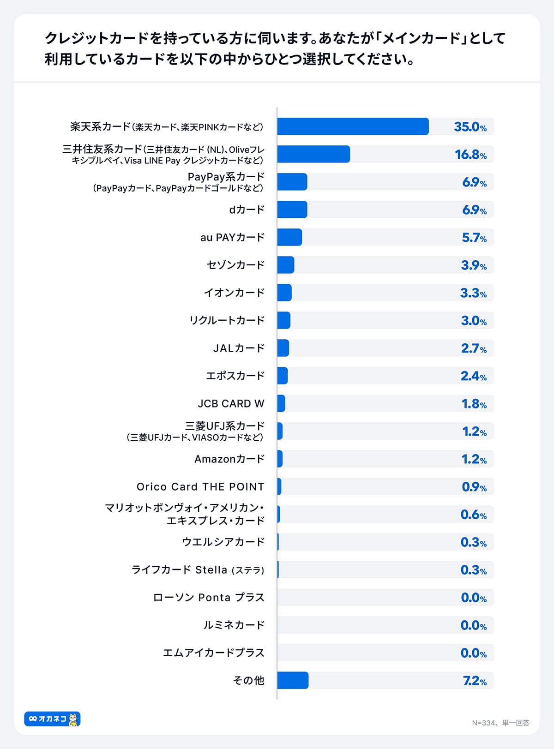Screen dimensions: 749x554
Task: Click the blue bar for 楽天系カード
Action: pyautogui.click(x=353, y=126)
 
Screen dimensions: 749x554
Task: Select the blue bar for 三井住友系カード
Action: pyautogui.click(x=313, y=154)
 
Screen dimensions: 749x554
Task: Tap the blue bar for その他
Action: pyautogui.click(x=293, y=680)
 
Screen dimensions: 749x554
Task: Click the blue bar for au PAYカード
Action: pyautogui.click(x=289, y=237)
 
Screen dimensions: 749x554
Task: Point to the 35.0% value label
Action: pyautogui.click(x=470, y=127)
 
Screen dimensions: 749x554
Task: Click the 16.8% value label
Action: pyautogui.click(x=470, y=155)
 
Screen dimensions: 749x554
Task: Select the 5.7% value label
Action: pyautogui.click(x=474, y=238)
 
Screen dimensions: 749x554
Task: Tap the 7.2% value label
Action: pyautogui.click(x=475, y=681)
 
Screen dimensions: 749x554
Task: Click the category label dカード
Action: pyautogui.click(x=247, y=210)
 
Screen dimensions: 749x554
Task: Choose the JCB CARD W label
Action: pyautogui.click(x=231, y=404)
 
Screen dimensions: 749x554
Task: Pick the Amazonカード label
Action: pyautogui.click(x=229, y=459)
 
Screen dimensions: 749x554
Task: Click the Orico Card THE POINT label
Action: pyautogui.click(x=200, y=487)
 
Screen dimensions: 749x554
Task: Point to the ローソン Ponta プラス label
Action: pyautogui.click(x=209, y=598)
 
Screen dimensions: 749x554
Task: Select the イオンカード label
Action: pyautogui.click(x=234, y=293)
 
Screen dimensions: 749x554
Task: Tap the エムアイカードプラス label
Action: pyautogui.click(x=213, y=653)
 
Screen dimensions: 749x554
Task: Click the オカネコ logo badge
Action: pyautogui.click(x=48, y=719)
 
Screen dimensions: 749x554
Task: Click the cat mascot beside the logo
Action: pyautogui.click(x=73, y=719)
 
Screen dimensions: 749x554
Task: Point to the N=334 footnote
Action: pyautogui.click(x=500, y=723)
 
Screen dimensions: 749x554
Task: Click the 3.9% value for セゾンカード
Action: pyautogui.click(x=474, y=265)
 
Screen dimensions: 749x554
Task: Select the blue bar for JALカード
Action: pyautogui.click(x=283, y=348)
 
